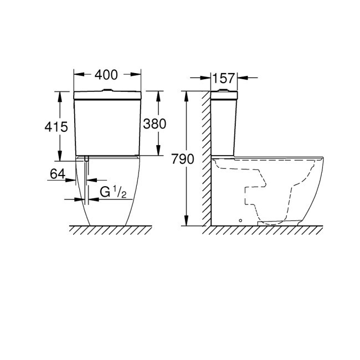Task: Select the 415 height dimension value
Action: click(56, 126)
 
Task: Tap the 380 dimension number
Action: click(155, 124)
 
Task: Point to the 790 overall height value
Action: click(183, 159)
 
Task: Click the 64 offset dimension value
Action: click(58, 173)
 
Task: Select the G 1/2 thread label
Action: click(114, 192)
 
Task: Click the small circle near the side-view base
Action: click(240, 220)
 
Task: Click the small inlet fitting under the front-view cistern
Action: click(86, 159)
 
